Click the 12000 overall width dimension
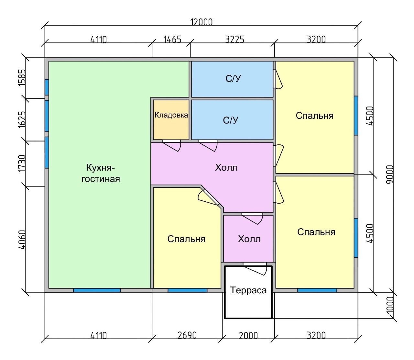[x=202, y=22]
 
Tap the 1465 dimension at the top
[x=172, y=39]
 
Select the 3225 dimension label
[x=235, y=39]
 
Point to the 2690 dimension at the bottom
[x=187, y=335]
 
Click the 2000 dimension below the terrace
[x=248, y=335]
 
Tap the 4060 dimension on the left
[x=22, y=240]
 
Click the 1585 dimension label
[x=22, y=78]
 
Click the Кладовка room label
[x=171, y=115]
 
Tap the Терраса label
[x=248, y=290]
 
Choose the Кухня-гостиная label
[x=101, y=173]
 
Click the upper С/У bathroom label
[x=233, y=79]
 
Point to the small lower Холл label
[x=249, y=239]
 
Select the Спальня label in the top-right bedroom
[x=314, y=116]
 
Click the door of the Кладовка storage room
[x=171, y=145]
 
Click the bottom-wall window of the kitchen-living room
[x=97, y=290]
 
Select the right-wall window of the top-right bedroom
[x=356, y=115]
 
